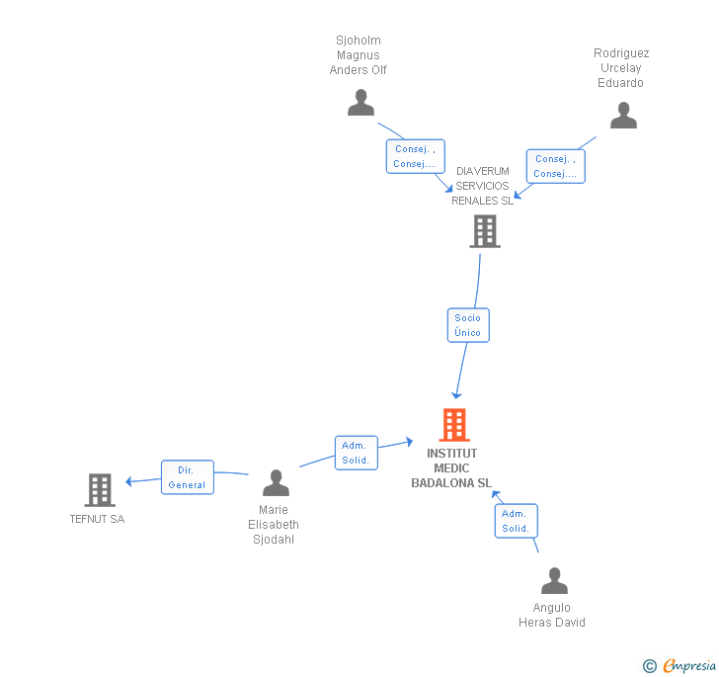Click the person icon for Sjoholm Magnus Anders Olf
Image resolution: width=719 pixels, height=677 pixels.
[360, 103]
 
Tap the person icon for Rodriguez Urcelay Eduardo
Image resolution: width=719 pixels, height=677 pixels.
[623, 117]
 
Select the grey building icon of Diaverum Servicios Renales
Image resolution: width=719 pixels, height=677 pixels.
[484, 231]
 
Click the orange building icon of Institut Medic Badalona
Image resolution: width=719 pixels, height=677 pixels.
[454, 425]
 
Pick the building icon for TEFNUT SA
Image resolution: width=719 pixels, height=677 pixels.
[100, 489]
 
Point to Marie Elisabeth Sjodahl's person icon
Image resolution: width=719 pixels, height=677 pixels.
[276, 483]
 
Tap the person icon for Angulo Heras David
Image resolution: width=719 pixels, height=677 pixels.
[554, 581]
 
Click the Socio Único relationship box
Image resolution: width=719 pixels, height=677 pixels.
[467, 325]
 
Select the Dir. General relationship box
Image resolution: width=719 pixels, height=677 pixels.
[187, 477]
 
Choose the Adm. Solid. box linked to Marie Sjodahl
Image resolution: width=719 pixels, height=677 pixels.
[356, 453]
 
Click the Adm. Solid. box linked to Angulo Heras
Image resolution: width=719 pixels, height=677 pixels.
[516, 521]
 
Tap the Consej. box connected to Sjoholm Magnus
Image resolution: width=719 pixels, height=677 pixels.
[415, 156]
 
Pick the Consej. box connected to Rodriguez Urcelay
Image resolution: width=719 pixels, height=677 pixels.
[556, 166]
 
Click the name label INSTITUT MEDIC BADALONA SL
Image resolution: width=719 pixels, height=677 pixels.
[451, 468]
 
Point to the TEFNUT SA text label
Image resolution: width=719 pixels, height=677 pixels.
[97, 519]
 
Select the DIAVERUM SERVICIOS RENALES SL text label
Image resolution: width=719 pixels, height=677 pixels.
[483, 186]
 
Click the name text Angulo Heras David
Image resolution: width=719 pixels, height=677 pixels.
[551, 615]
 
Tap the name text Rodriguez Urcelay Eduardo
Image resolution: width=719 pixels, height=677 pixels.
[621, 67]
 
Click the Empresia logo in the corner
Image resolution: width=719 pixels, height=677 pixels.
[680, 666]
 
